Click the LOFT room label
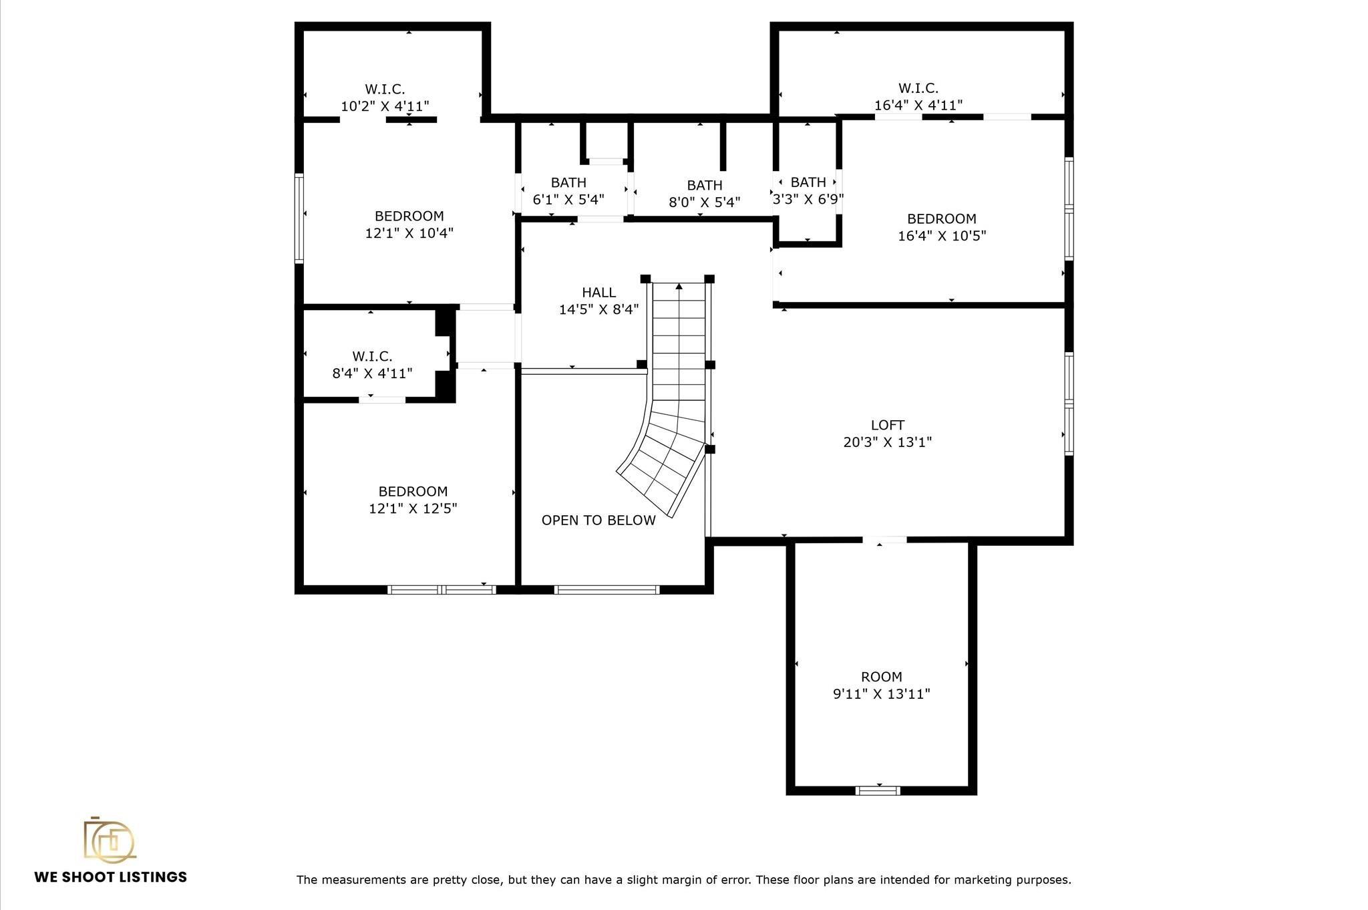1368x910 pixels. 887,425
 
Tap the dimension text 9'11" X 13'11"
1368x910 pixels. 881,694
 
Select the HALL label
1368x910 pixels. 598,292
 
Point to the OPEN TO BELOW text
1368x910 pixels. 598,520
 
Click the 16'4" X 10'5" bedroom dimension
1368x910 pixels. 941,236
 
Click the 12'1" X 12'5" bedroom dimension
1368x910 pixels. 413,508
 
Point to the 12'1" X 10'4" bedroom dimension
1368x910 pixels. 409,233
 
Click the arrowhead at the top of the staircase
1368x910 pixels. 679,287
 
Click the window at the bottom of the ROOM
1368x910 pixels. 878,790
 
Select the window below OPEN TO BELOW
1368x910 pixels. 607,589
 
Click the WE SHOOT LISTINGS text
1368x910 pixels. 111,877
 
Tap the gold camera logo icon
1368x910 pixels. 109,839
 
